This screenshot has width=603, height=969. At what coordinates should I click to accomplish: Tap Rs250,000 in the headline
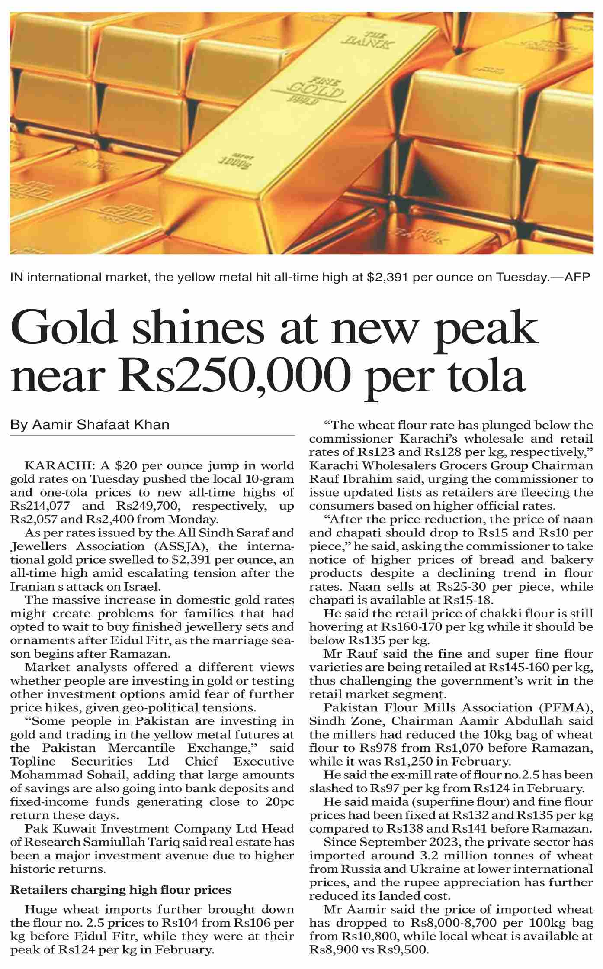[235, 375]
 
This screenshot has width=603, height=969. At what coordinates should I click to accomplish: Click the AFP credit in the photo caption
[577, 277]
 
